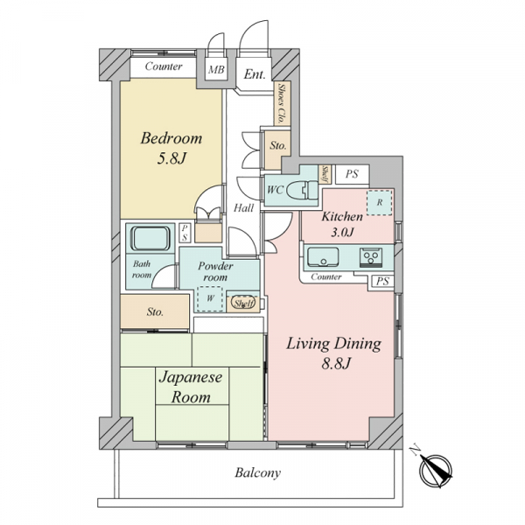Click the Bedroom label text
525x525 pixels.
point(171,138)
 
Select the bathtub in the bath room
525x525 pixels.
point(150,238)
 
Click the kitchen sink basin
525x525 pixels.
point(323,256)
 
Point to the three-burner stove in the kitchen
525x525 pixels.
point(371,257)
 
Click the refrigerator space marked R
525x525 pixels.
point(380,203)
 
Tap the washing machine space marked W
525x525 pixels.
point(210,298)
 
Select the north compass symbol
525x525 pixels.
point(435,470)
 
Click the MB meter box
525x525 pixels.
point(216,70)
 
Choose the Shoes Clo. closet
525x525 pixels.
point(282,103)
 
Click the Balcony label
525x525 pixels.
point(257,472)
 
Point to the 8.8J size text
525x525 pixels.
point(336,363)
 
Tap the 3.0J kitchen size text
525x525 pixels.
point(342,232)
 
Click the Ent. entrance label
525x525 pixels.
point(255,73)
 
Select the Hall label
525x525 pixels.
point(244,208)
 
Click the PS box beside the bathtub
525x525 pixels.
point(185,233)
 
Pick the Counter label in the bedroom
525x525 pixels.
point(164,66)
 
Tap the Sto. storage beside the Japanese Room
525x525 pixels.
point(155,311)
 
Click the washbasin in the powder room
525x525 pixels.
point(243,303)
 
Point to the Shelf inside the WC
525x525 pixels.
point(325,174)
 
